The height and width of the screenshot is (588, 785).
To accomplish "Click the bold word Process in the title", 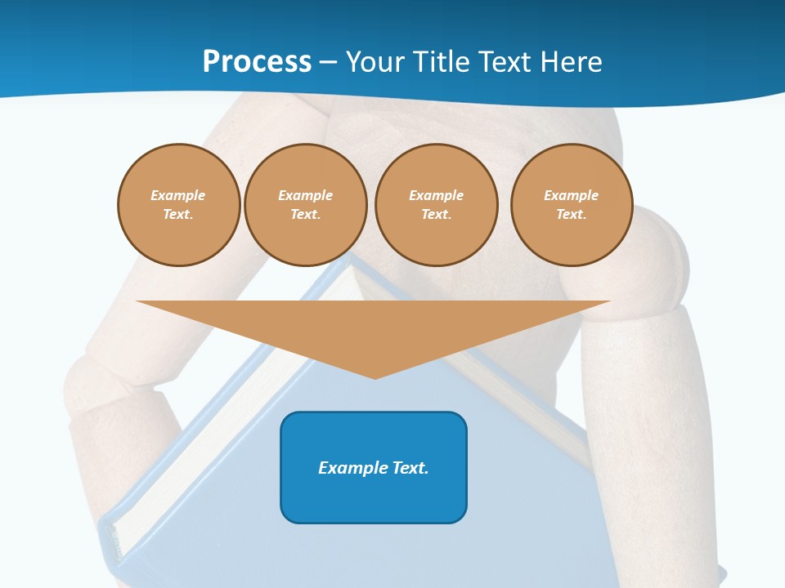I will [257, 61].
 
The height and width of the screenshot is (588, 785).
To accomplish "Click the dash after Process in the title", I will [328, 63].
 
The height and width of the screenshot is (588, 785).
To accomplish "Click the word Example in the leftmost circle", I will [178, 195].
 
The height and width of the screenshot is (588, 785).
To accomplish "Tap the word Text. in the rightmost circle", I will [572, 214].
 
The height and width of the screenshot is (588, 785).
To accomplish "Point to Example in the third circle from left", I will [436, 195].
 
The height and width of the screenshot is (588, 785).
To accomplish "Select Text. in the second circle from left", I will [305, 214].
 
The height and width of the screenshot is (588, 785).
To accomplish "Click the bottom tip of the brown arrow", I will [375, 377].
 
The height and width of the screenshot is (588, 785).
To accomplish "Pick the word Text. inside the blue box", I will [411, 468].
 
